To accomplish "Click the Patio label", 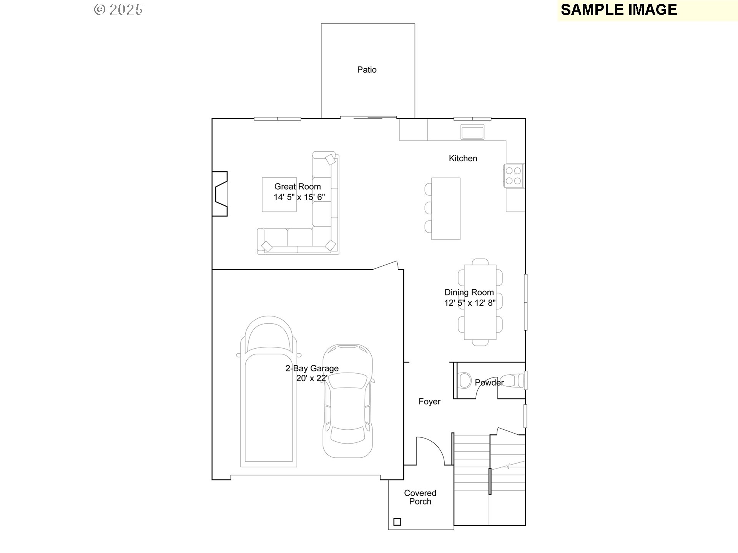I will click(x=367, y=70).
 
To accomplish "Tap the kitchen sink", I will click(x=473, y=132).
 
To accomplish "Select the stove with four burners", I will click(x=514, y=176).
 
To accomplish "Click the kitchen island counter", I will click(x=446, y=209).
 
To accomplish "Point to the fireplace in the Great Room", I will click(x=220, y=194).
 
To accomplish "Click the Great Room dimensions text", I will click(x=299, y=197).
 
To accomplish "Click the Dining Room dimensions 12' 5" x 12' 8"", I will click(x=470, y=303).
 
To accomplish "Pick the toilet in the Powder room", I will click(x=465, y=381).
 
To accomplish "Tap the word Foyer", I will click(x=429, y=402).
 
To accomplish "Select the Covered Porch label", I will click(x=420, y=497).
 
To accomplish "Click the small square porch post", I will click(x=397, y=522).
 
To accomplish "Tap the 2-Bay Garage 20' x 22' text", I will click(x=312, y=373).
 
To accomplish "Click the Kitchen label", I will click(x=463, y=159).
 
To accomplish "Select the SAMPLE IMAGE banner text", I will click(x=618, y=10).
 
